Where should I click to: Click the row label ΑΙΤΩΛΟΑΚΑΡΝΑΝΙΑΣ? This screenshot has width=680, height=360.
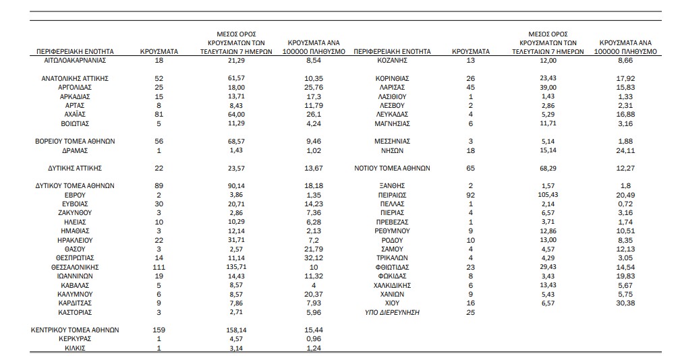[x=75, y=61]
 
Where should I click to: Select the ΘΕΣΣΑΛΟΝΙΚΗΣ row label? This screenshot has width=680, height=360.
[x=75, y=267]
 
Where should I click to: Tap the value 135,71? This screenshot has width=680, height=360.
[x=236, y=267]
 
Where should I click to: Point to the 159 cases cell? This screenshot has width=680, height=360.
[x=159, y=330]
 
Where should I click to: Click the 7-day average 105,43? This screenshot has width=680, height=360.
[x=548, y=195]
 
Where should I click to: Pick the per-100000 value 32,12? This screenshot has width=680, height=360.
[x=314, y=258]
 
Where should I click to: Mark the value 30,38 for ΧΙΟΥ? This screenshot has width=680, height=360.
[x=625, y=303]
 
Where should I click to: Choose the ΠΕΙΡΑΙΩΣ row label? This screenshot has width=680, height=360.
[x=392, y=196]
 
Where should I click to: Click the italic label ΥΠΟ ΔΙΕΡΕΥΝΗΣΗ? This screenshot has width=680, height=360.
[x=392, y=312]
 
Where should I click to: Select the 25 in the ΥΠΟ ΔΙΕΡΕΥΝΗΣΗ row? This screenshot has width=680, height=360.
[x=471, y=312]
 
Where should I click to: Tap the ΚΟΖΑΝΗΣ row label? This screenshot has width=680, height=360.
[x=392, y=61]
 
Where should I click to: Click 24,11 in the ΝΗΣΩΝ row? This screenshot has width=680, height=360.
[x=625, y=151]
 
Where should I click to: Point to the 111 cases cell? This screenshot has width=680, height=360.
[x=159, y=267]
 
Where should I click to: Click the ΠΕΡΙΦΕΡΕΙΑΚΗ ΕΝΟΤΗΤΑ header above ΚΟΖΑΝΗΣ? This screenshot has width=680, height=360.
[x=392, y=51]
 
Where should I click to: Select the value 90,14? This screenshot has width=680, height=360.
[x=236, y=186]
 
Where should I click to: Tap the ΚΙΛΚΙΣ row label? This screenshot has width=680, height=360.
[x=75, y=348]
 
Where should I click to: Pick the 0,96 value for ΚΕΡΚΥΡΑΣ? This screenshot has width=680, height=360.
[x=314, y=339]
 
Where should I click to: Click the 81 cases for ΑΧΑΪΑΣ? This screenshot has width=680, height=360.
[x=159, y=115]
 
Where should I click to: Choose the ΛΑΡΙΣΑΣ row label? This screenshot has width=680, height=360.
[x=392, y=88]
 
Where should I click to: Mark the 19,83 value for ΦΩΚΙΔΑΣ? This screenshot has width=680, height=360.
[x=625, y=276]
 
